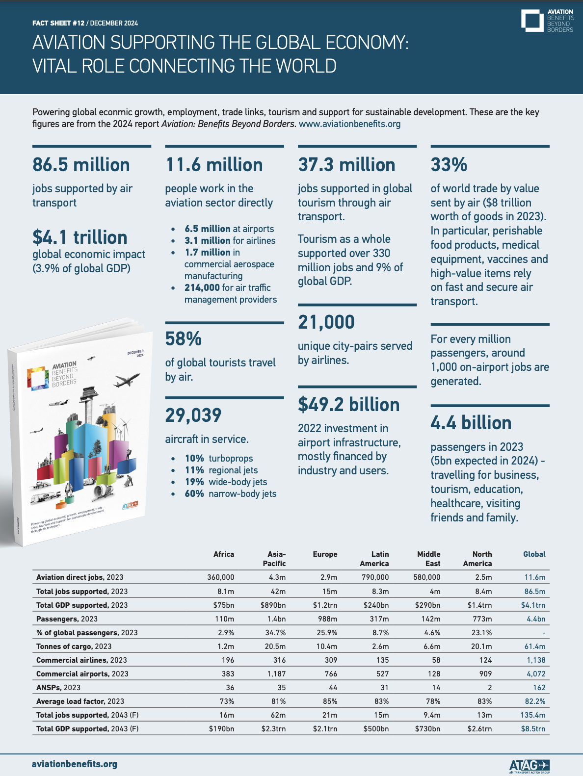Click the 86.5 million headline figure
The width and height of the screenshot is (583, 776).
pyautogui.click(x=81, y=165)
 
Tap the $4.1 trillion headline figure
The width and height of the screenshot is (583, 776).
pyautogui.click(x=79, y=237)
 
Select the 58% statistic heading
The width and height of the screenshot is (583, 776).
pyautogui.click(x=183, y=339)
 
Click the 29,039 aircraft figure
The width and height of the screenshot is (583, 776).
pyautogui.click(x=193, y=415)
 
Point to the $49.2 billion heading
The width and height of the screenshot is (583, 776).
pyautogui.click(x=348, y=405)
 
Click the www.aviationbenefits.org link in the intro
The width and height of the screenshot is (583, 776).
pyautogui.click(x=349, y=124)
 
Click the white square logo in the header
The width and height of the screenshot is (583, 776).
pyautogui.click(x=532, y=21)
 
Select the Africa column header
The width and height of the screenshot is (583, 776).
pyautogui.click(x=224, y=554)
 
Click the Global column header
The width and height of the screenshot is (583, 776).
pyautogui.click(x=534, y=554)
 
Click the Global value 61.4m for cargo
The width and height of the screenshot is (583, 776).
pyautogui.click(x=535, y=647)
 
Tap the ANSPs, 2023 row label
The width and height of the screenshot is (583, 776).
pyautogui.click(x=58, y=688)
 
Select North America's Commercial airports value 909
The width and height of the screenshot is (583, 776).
pyautogui.click(x=485, y=674)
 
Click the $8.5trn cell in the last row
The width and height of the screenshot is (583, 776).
pyautogui.click(x=533, y=729)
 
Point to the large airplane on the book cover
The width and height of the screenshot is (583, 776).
pyautogui.click(x=127, y=379)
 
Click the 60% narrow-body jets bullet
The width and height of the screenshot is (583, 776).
pyautogui.click(x=230, y=494)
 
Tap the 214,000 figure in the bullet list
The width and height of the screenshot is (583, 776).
pyautogui.click(x=202, y=288)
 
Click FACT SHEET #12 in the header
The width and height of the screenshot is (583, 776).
pyautogui.click(x=58, y=23)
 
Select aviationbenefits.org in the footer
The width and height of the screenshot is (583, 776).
pyautogui.click(x=75, y=764)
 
